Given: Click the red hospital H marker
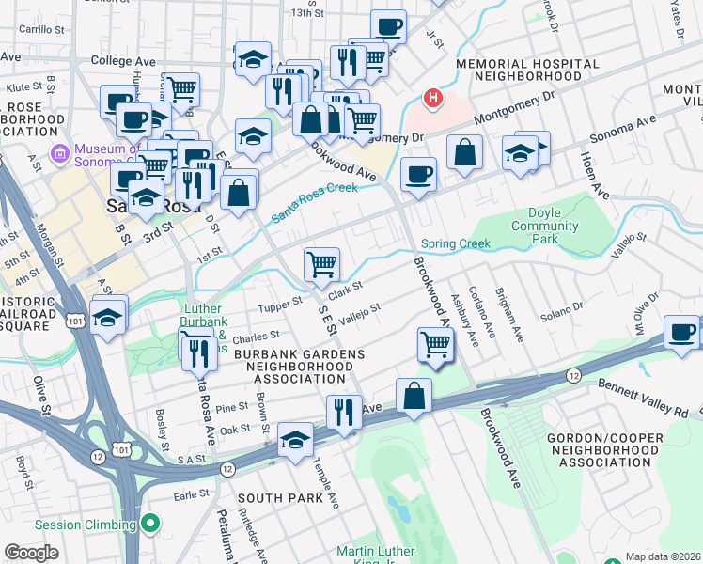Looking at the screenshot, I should click(x=432, y=97).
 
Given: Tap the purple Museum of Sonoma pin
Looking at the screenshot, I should click(x=60, y=152).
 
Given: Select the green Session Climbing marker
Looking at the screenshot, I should click(x=149, y=525).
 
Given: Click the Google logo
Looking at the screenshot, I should click(x=31, y=552).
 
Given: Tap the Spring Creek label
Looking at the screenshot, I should click(x=456, y=244).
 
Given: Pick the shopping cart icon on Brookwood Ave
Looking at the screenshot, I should click(x=435, y=344).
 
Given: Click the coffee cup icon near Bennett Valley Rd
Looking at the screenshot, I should click(x=681, y=332).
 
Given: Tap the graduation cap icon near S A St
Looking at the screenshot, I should click(x=295, y=440).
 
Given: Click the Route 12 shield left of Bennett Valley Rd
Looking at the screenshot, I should click(x=572, y=375).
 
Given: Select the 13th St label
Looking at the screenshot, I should click(x=306, y=13).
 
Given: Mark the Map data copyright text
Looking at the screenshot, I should click(x=663, y=556).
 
